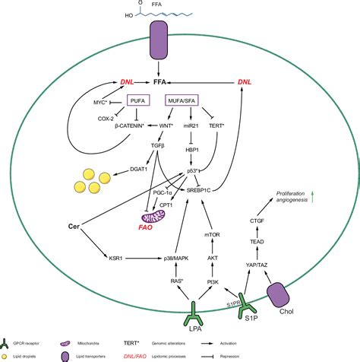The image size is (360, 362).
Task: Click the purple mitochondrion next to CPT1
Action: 160,220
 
